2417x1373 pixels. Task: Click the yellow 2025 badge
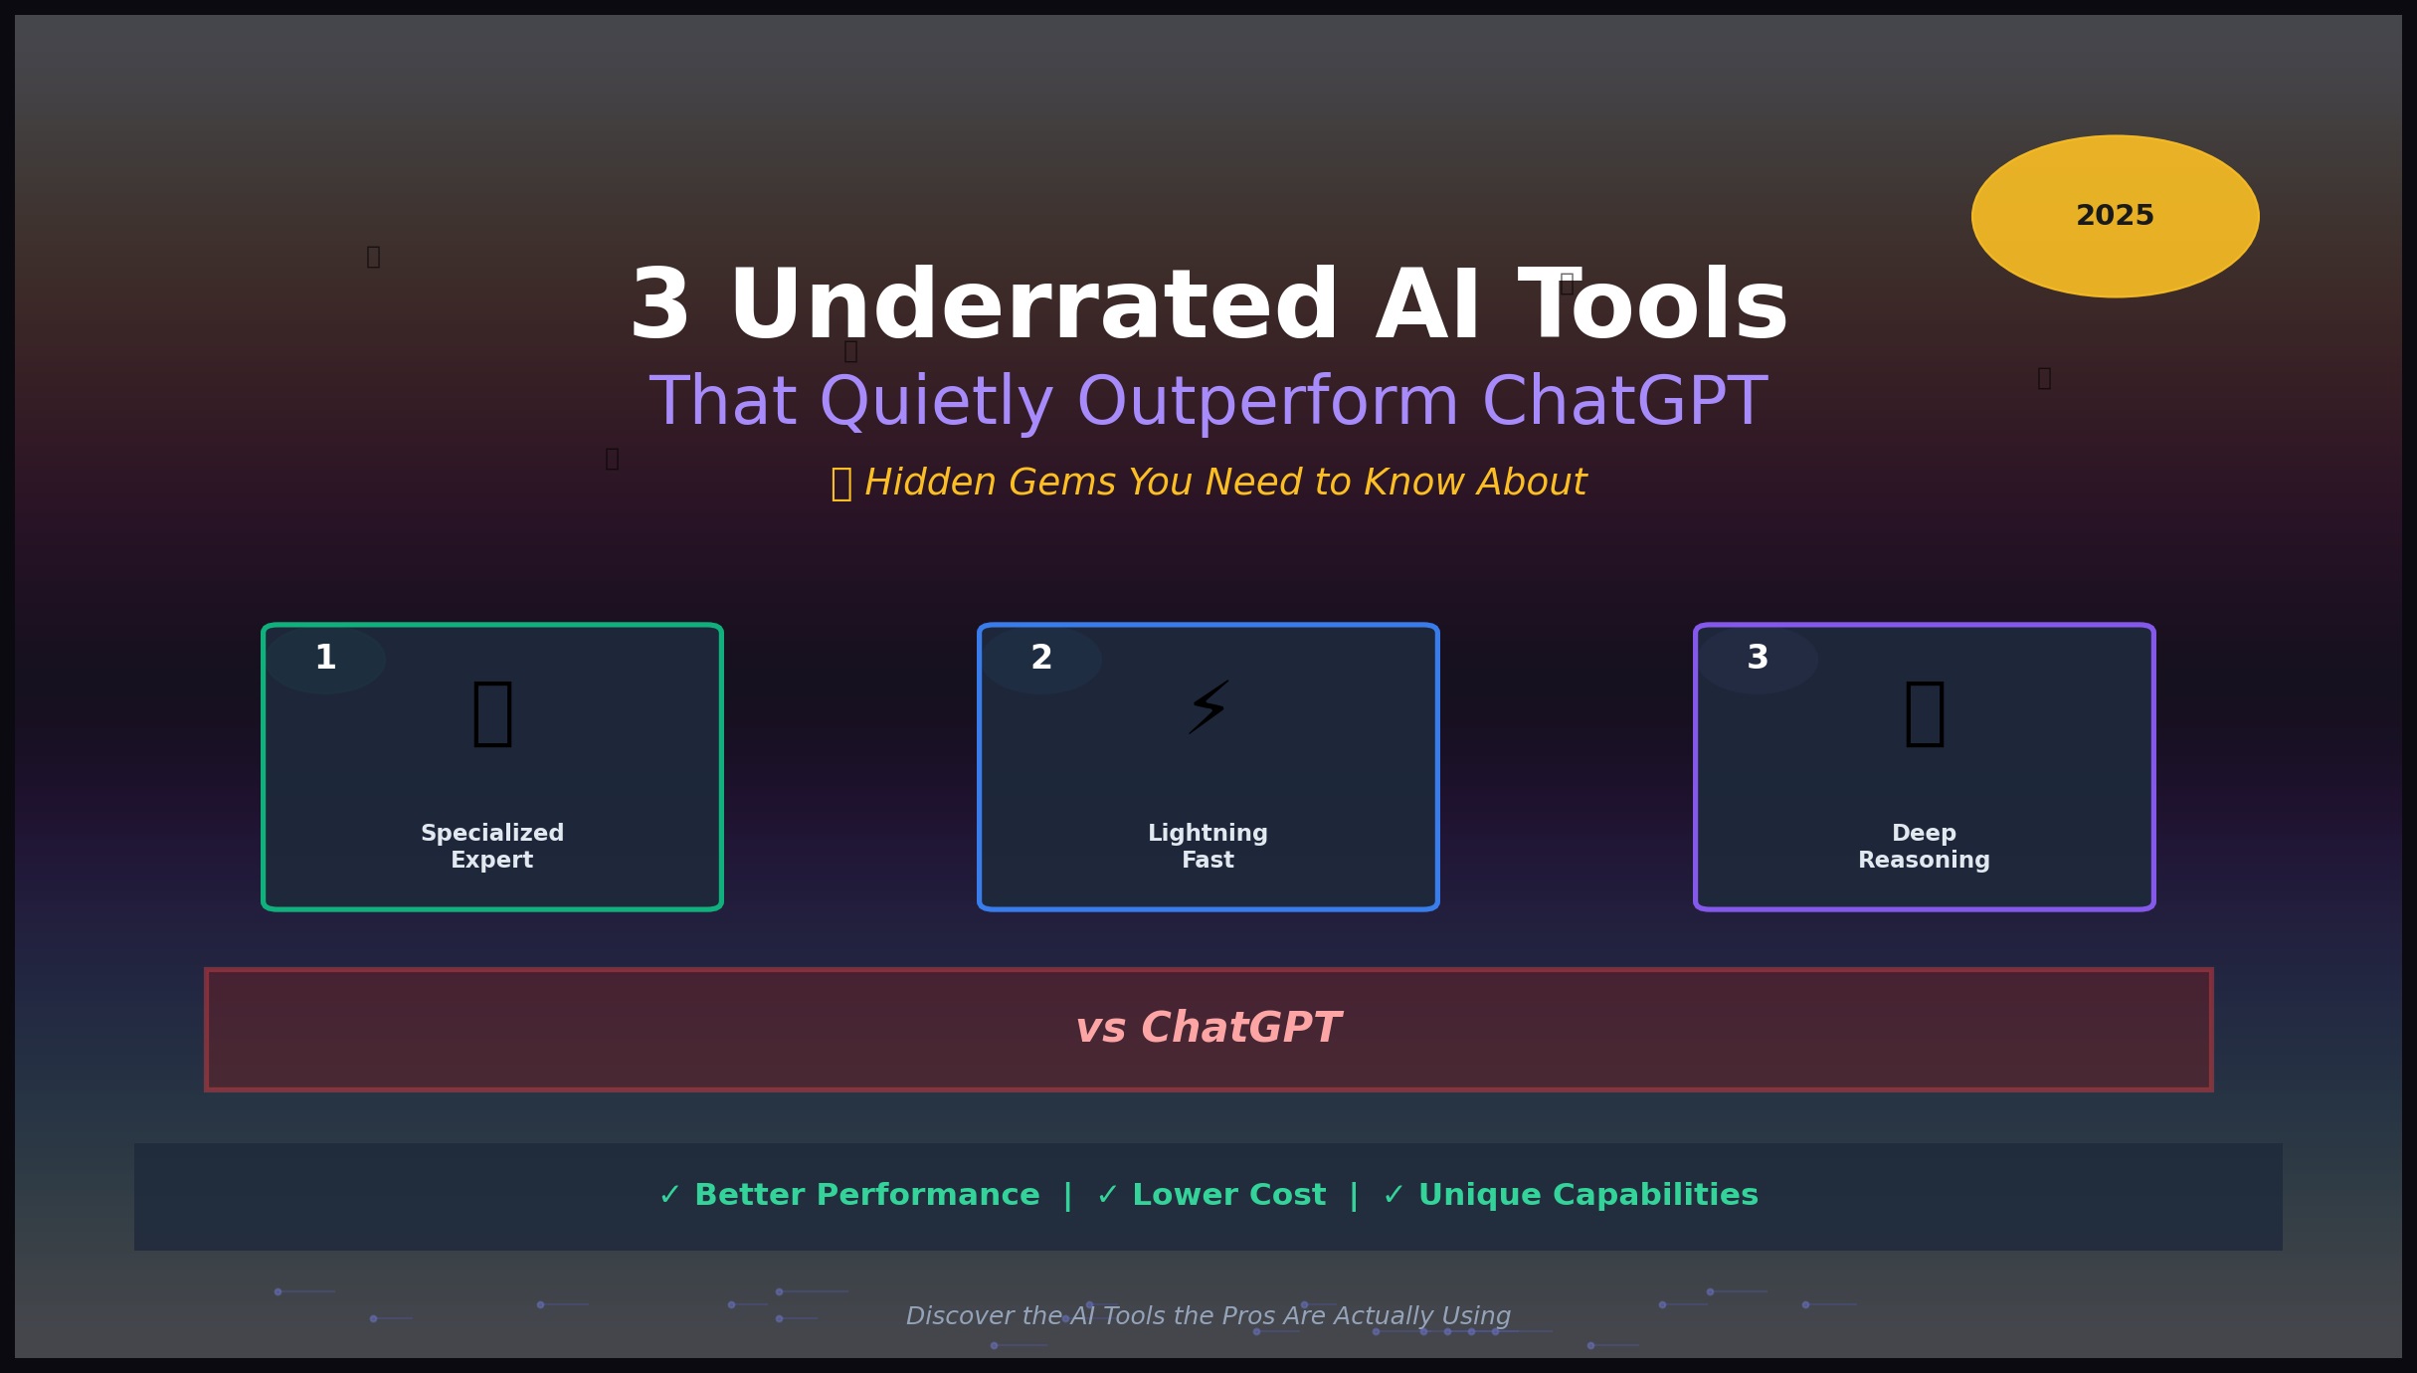2115,216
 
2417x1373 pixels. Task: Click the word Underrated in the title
1033,306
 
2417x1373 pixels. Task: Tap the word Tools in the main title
1653,306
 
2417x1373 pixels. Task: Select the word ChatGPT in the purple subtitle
1624,403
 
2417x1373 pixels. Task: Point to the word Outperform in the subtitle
1267,403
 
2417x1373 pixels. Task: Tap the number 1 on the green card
325,658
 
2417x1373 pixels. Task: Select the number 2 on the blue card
1041,658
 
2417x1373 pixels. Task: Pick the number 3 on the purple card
1758,658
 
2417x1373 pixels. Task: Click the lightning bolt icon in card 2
1208,708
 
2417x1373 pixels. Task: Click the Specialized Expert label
492,847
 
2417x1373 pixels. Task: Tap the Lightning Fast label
1208,847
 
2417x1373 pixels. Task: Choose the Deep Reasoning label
1924,847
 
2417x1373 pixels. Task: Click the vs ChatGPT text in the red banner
1208,1029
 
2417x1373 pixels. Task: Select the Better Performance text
866,1195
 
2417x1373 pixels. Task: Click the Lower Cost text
1228,1195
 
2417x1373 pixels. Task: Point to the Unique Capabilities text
1587,1195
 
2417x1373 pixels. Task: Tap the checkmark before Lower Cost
1107,1195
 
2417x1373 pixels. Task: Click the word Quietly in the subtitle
936,403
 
